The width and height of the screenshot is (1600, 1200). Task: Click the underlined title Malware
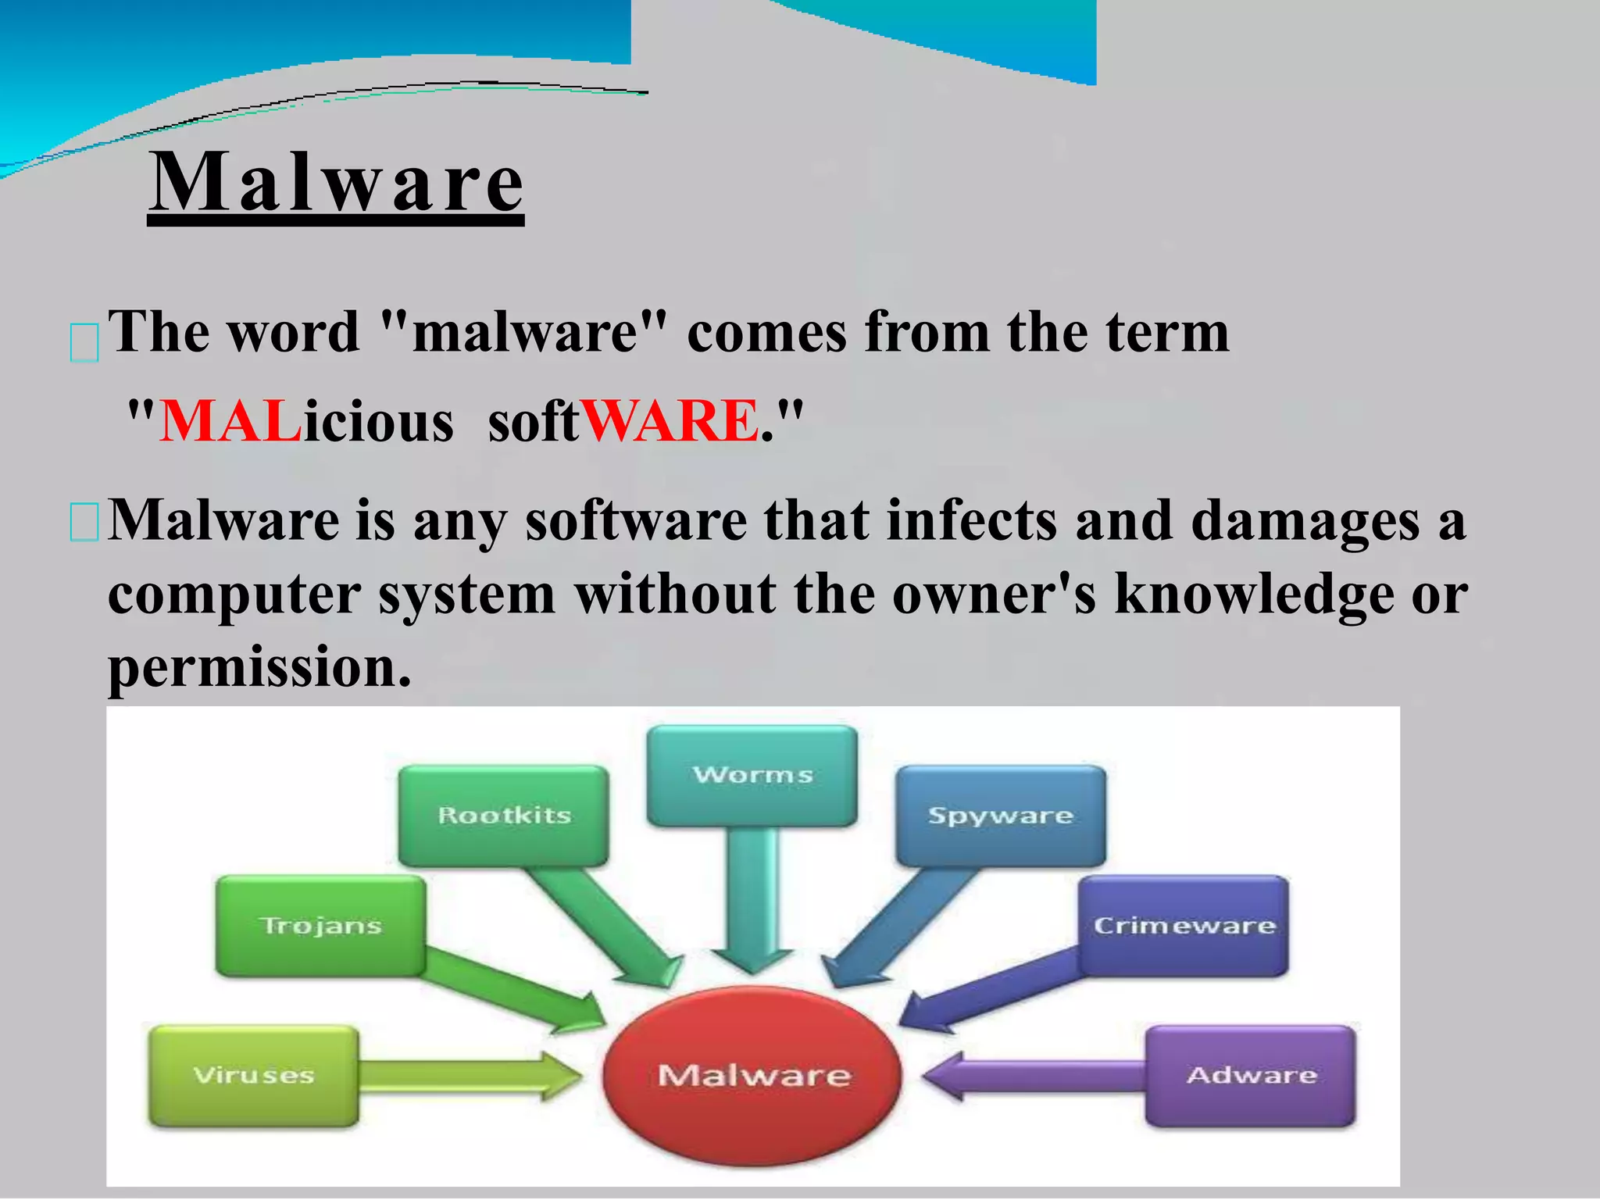click(x=336, y=184)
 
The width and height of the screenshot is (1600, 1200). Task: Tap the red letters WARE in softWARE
click(x=670, y=422)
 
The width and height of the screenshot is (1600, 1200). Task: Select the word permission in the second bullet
click(x=259, y=668)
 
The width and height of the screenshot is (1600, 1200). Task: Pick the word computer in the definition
click(x=234, y=595)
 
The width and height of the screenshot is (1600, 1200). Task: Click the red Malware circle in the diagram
click(x=752, y=1075)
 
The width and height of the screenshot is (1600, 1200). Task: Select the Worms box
click(x=752, y=775)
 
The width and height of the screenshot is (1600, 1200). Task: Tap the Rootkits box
click(x=504, y=816)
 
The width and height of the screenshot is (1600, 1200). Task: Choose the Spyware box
click(x=1000, y=816)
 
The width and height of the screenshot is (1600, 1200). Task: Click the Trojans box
click(x=320, y=926)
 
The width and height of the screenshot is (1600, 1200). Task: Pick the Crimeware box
click(x=1184, y=926)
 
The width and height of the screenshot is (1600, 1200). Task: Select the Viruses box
click(x=254, y=1076)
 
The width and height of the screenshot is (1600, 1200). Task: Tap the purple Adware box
click(x=1251, y=1076)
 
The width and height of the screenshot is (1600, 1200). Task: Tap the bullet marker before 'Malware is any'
click(x=84, y=523)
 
